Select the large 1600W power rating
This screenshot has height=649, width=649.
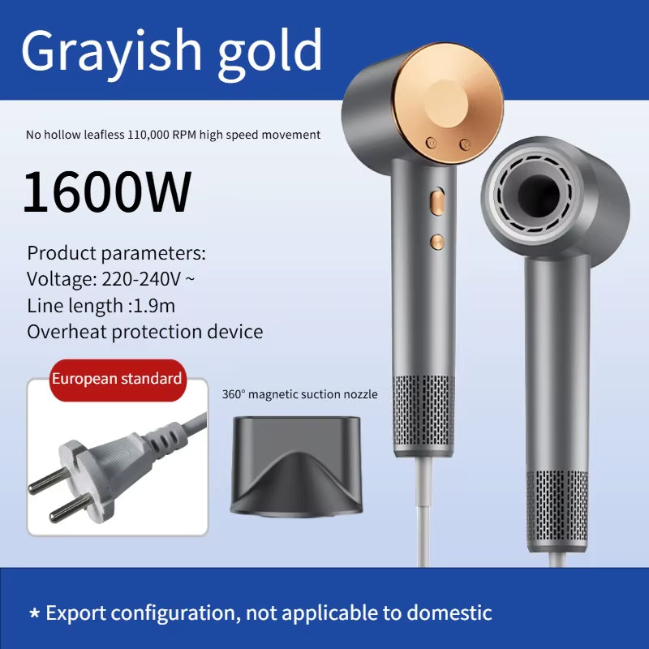click(x=107, y=191)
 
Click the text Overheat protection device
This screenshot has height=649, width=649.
click(x=145, y=331)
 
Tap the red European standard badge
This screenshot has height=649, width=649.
click(x=117, y=379)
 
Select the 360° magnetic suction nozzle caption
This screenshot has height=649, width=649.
click(x=299, y=395)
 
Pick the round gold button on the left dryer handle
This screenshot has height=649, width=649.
click(x=438, y=242)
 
